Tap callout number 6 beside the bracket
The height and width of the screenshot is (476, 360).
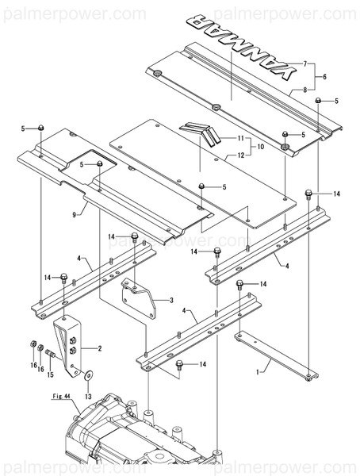pyautogui.click(x=324, y=77)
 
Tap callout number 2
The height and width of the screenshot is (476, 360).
pyautogui.click(x=99, y=348)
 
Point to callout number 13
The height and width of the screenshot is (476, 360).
pyautogui.click(x=87, y=395)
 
